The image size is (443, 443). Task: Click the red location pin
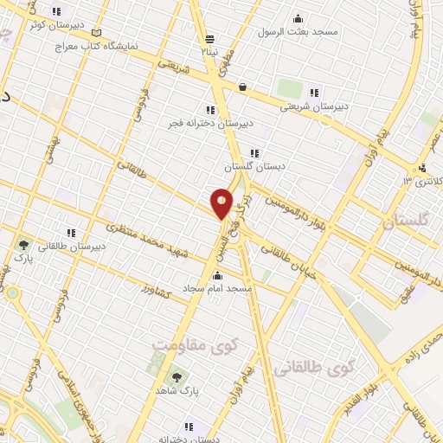tap(221, 203)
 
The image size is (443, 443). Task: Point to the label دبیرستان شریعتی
tap(316, 106)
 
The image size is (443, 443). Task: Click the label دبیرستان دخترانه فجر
tap(210, 123)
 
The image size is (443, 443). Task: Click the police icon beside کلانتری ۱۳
tap(421, 168)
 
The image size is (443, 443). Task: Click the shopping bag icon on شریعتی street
tap(243, 87)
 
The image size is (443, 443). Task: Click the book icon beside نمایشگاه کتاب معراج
tap(96, 33)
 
